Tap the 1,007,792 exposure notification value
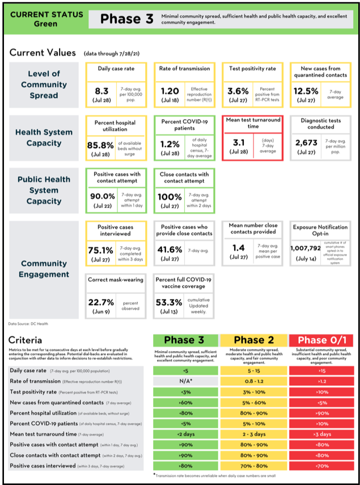[x=306, y=248]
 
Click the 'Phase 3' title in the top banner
[x=127, y=19]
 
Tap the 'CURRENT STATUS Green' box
[x=45, y=19]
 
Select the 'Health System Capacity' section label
[x=44, y=137]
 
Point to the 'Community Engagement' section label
[x=44, y=269]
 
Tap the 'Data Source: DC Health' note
[x=29, y=324]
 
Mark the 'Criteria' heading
[x=26, y=340]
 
